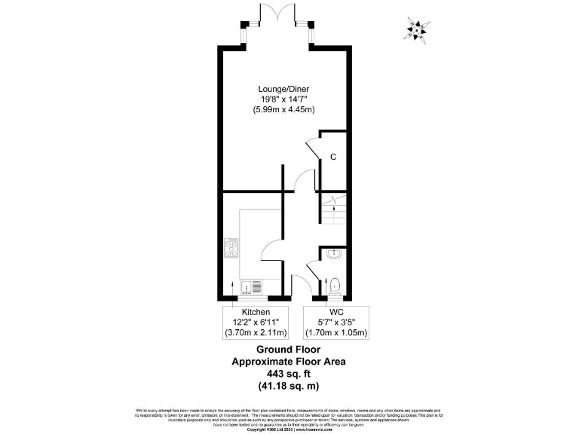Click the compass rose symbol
pyautogui.click(x=415, y=29)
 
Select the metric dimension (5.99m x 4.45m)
pyautogui.click(x=283, y=110)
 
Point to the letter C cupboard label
pyautogui.click(x=332, y=157)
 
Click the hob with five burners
pyautogui.click(x=232, y=249)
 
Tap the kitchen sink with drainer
pyautogui.click(x=252, y=286)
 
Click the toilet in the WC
pyautogui.click(x=335, y=286)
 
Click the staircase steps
pyautogui.click(x=332, y=212)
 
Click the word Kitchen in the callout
pyautogui.click(x=256, y=312)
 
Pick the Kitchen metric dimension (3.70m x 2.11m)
pyautogui.click(x=256, y=332)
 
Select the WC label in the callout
pyautogui.click(x=337, y=312)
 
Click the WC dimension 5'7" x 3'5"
pyautogui.click(x=337, y=322)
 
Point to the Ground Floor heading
pyautogui.click(x=289, y=350)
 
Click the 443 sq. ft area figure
pyautogui.click(x=289, y=374)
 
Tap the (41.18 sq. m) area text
pyautogui.click(x=289, y=386)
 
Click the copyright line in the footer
pyautogui.click(x=289, y=429)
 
